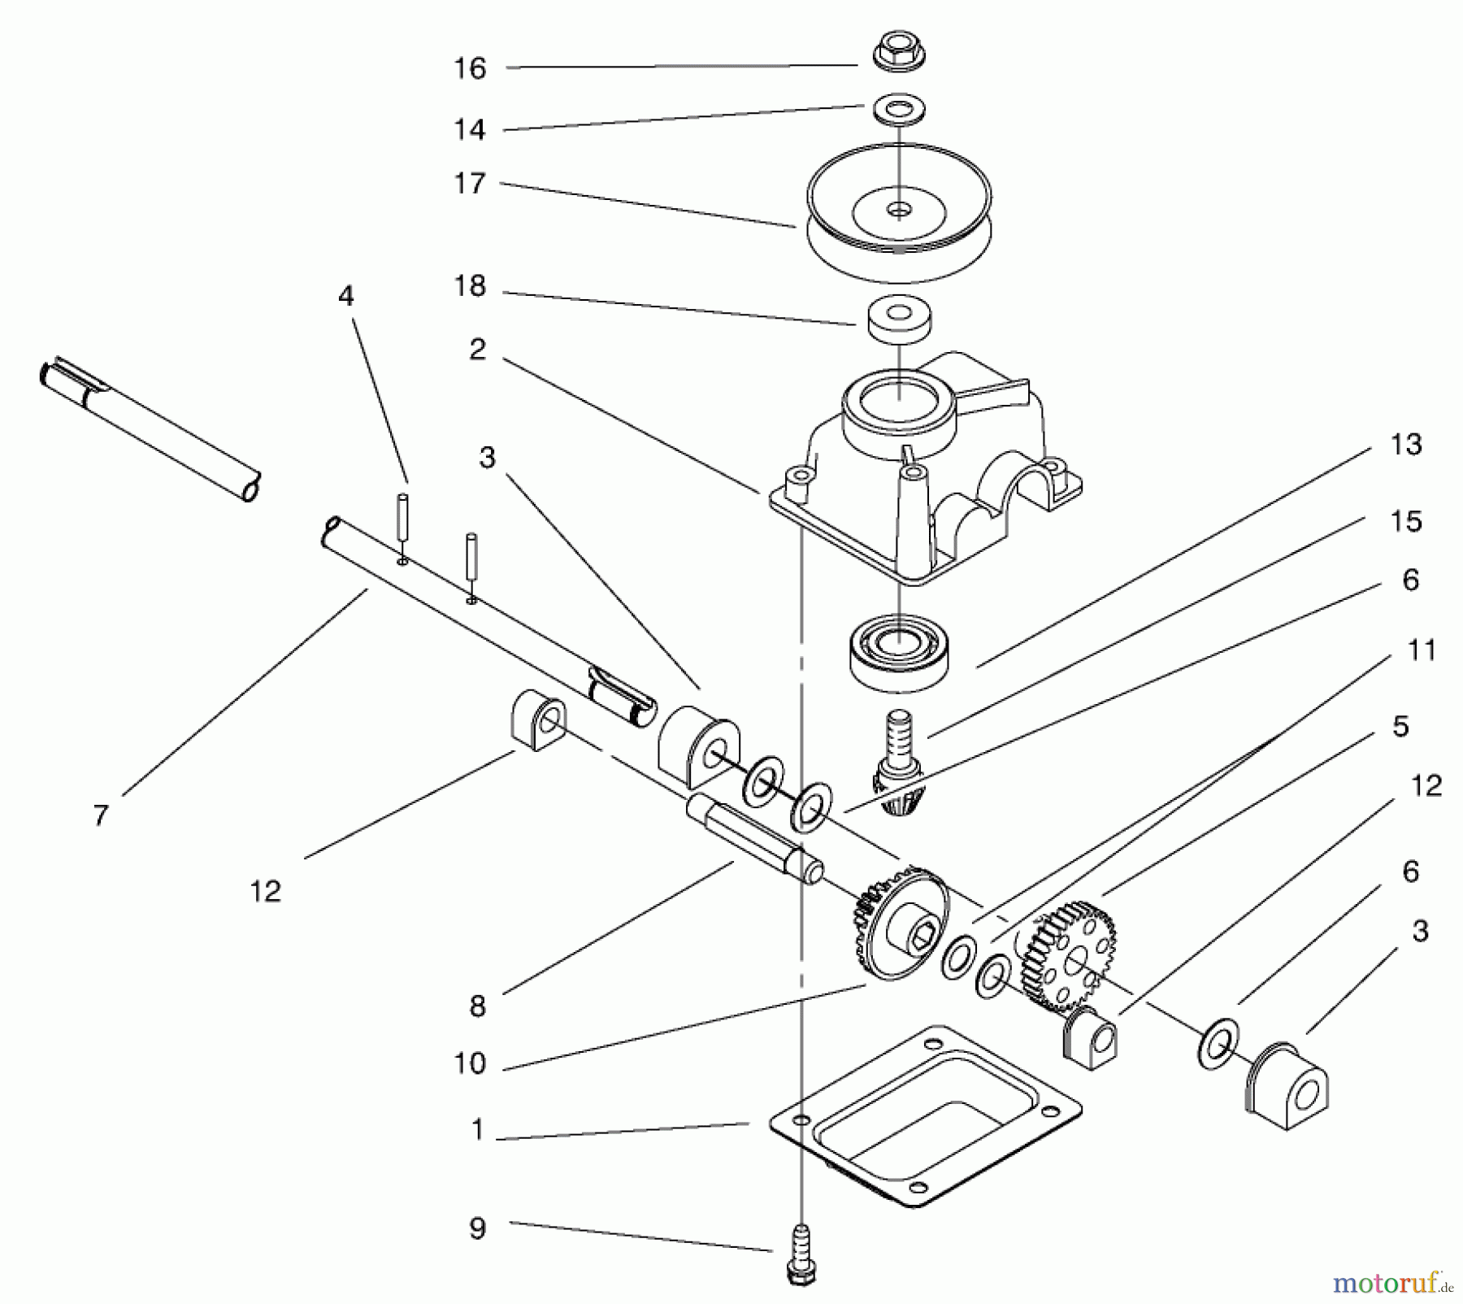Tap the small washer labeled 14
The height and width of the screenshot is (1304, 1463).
(x=900, y=108)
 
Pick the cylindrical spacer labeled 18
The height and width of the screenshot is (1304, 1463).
(x=899, y=319)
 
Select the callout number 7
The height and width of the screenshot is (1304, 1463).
(x=100, y=815)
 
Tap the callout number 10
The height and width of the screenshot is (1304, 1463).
(x=469, y=1063)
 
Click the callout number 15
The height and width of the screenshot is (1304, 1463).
(x=1405, y=521)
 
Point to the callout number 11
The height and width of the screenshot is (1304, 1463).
(x=1420, y=650)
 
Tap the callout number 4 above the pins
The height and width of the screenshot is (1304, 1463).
(x=346, y=296)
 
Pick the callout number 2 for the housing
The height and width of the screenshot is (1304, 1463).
(x=477, y=350)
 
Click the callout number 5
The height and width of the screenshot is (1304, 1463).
(x=1400, y=726)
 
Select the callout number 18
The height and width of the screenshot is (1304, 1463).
(x=469, y=286)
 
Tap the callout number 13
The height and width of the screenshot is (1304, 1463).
(x=1405, y=445)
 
